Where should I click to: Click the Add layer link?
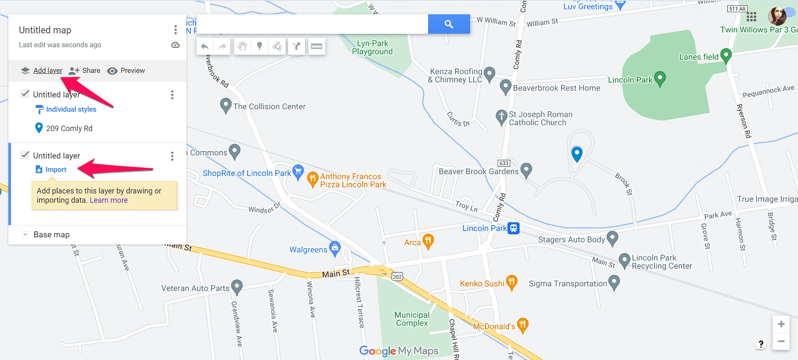pos(48,71)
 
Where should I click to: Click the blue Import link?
pos(56,170)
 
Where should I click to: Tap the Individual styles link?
pos(71,109)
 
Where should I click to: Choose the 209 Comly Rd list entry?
pos(69,128)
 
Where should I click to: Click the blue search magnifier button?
pos(449,24)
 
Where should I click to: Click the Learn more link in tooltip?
pos(109,200)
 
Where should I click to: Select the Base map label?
pos(51,235)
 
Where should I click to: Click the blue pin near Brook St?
pos(577,154)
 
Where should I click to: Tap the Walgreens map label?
pos(309,250)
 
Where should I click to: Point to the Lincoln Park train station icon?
pos(514,228)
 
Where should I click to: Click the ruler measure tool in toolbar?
pos(316,46)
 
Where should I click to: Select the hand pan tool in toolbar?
pos(242,46)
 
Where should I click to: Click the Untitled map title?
pos(45,30)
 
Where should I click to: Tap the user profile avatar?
pos(777,17)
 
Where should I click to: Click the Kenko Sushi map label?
pos(482,284)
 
